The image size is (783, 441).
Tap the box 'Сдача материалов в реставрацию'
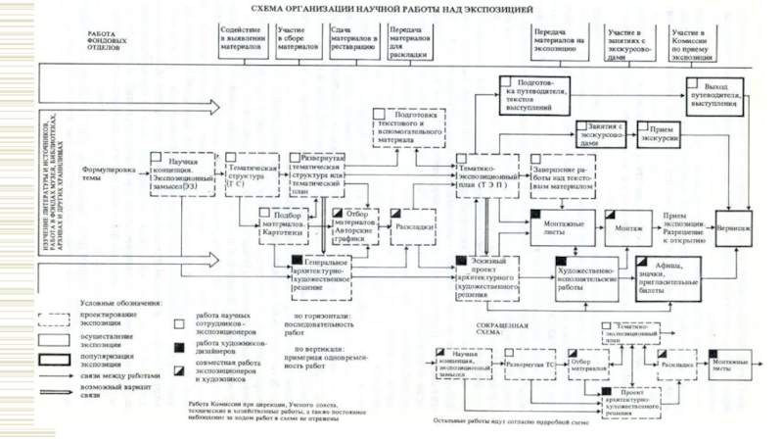(x=353, y=38)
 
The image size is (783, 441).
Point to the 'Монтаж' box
(x=628, y=226)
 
